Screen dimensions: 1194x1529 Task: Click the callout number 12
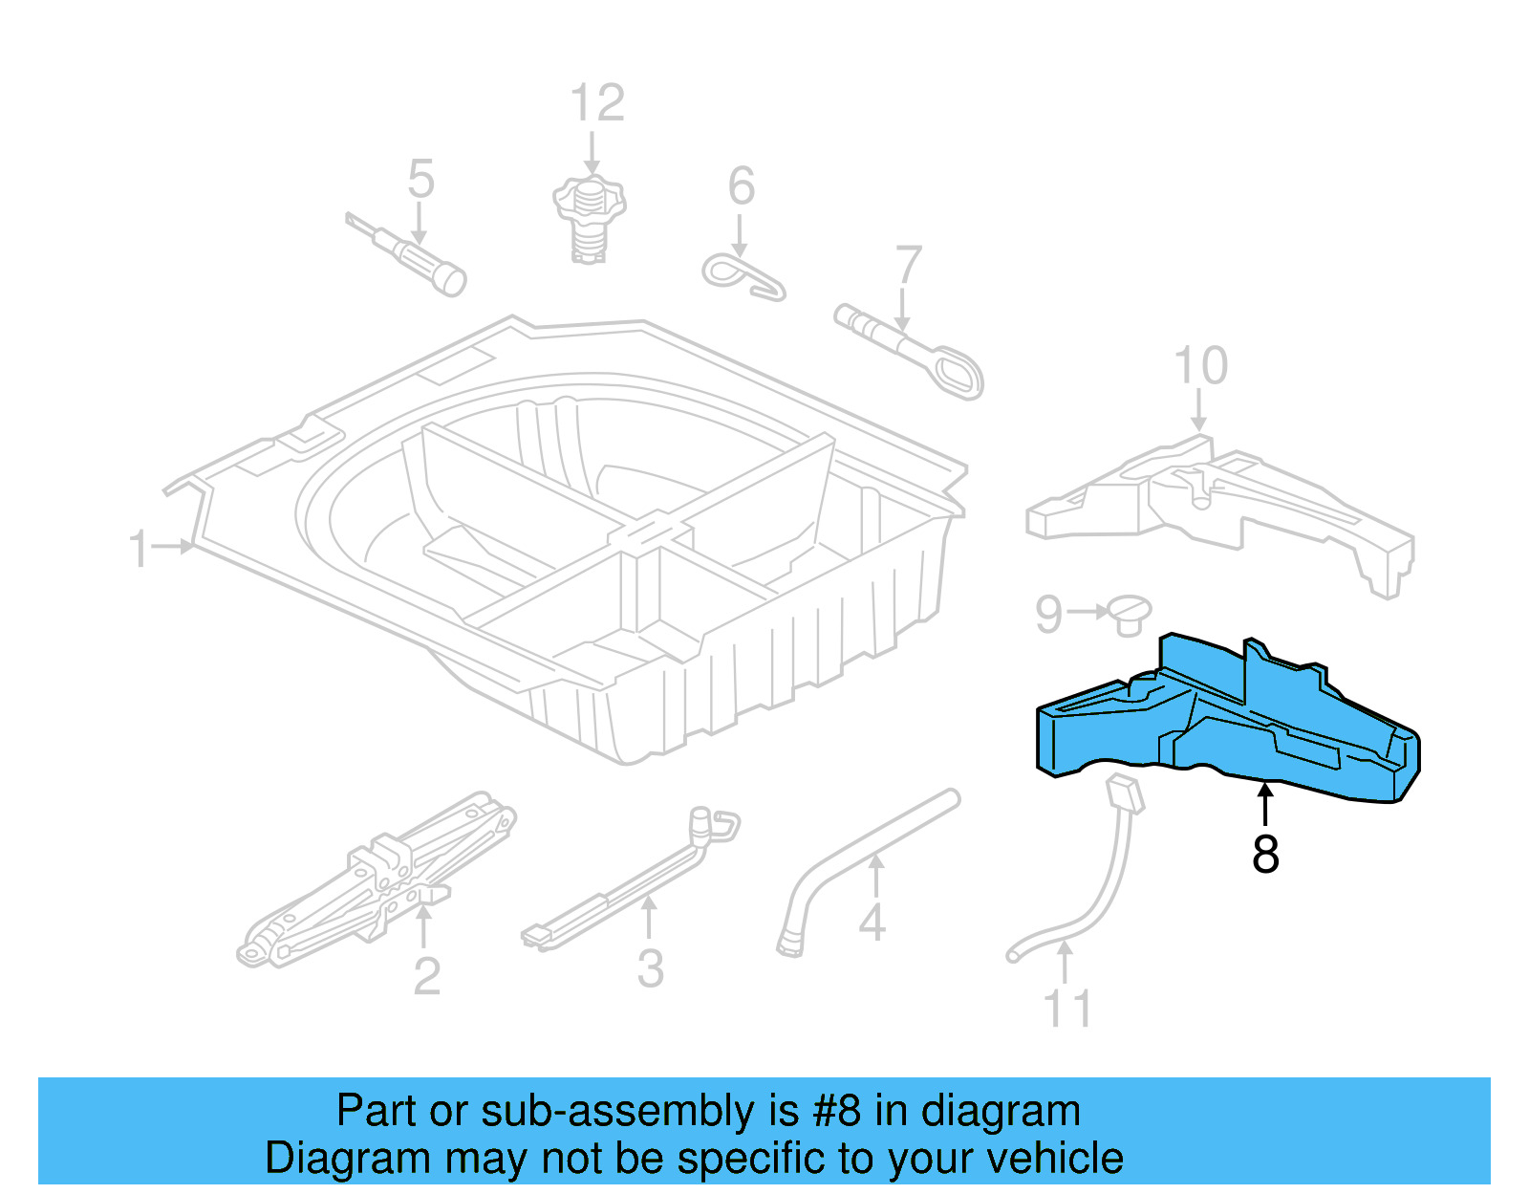(597, 103)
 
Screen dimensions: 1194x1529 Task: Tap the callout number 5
(420, 180)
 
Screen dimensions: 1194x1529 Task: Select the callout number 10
(1200, 366)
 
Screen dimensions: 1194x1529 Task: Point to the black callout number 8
(1265, 854)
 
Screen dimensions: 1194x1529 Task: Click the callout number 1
(140, 549)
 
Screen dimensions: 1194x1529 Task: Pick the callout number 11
(1066, 1009)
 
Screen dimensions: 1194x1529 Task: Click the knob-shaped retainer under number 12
(589, 218)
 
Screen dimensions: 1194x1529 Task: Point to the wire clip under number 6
(743, 274)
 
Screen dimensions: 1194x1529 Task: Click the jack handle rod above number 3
(631, 875)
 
